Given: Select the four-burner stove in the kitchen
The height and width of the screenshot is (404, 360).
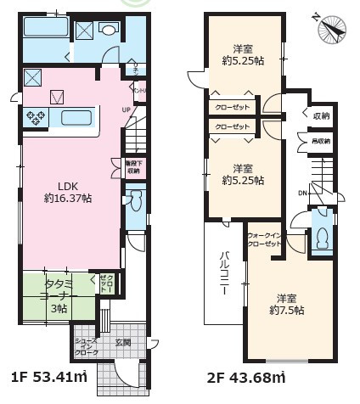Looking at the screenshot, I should pos(37,117).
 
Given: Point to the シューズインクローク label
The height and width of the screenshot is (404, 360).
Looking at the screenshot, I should pos(86,346).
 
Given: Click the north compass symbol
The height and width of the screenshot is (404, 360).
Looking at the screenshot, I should pos(331,30).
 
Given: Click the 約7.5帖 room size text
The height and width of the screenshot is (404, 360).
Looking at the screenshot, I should pos(288,310).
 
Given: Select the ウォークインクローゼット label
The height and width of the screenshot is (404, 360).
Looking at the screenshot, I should pos(264,240).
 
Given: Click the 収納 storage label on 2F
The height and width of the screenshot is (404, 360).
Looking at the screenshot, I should pos(320,115).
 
